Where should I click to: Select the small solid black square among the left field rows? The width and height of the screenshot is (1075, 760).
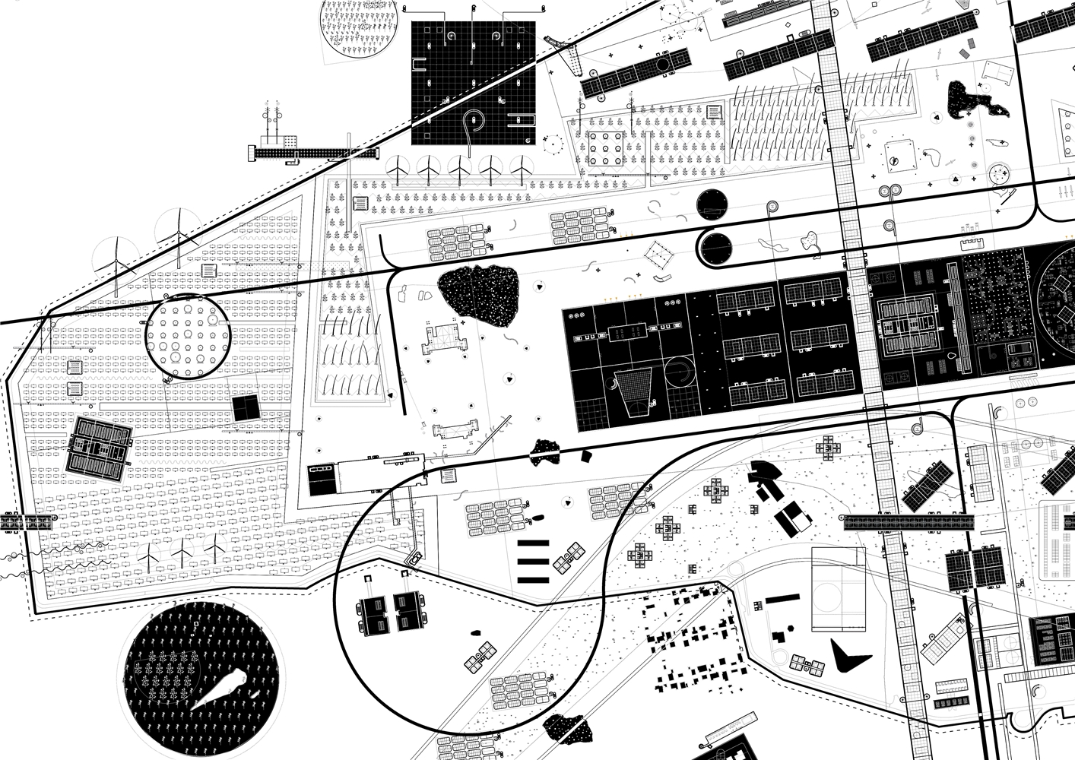pyautogui.click(x=246, y=408)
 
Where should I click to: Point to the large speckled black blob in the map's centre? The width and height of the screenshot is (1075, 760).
pyautogui.click(x=479, y=296)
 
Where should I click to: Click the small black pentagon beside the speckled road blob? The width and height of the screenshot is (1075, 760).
pyautogui.click(x=587, y=455)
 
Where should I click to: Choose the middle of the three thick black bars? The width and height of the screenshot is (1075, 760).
pyautogui.click(x=533, y=562)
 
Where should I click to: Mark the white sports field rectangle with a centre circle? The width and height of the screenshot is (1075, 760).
pyautogui.click(x=839, y=589)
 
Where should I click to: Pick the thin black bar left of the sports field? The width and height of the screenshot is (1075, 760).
pyautogui.click(x=782, y=600)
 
